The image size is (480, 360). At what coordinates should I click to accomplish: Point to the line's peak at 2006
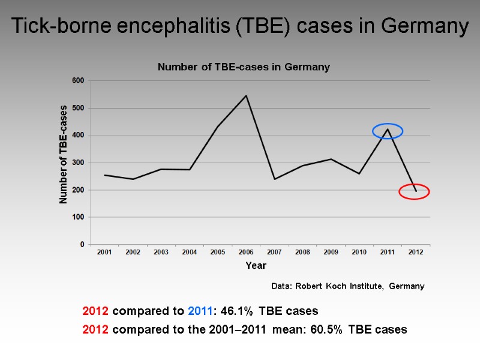point(246,95)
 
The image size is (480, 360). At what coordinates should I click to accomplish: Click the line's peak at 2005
point(218,125)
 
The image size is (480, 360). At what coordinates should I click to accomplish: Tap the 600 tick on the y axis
point(79,80)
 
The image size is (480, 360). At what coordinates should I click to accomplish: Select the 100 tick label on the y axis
point(79,217)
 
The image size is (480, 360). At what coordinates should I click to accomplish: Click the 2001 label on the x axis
point(104,253)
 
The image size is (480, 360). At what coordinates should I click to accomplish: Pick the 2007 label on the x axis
point(274,253)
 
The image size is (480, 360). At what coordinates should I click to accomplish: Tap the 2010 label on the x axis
point(359,253)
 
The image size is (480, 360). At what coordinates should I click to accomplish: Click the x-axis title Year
point(256,265)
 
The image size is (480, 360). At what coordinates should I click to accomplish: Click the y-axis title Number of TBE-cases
point(63,154)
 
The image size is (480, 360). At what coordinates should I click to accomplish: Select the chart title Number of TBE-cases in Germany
point(244,67)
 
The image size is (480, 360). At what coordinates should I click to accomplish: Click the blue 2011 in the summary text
point(199,311)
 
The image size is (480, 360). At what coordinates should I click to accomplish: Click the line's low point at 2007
point(274,179)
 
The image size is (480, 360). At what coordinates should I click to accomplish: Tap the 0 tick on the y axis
point(82,245)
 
